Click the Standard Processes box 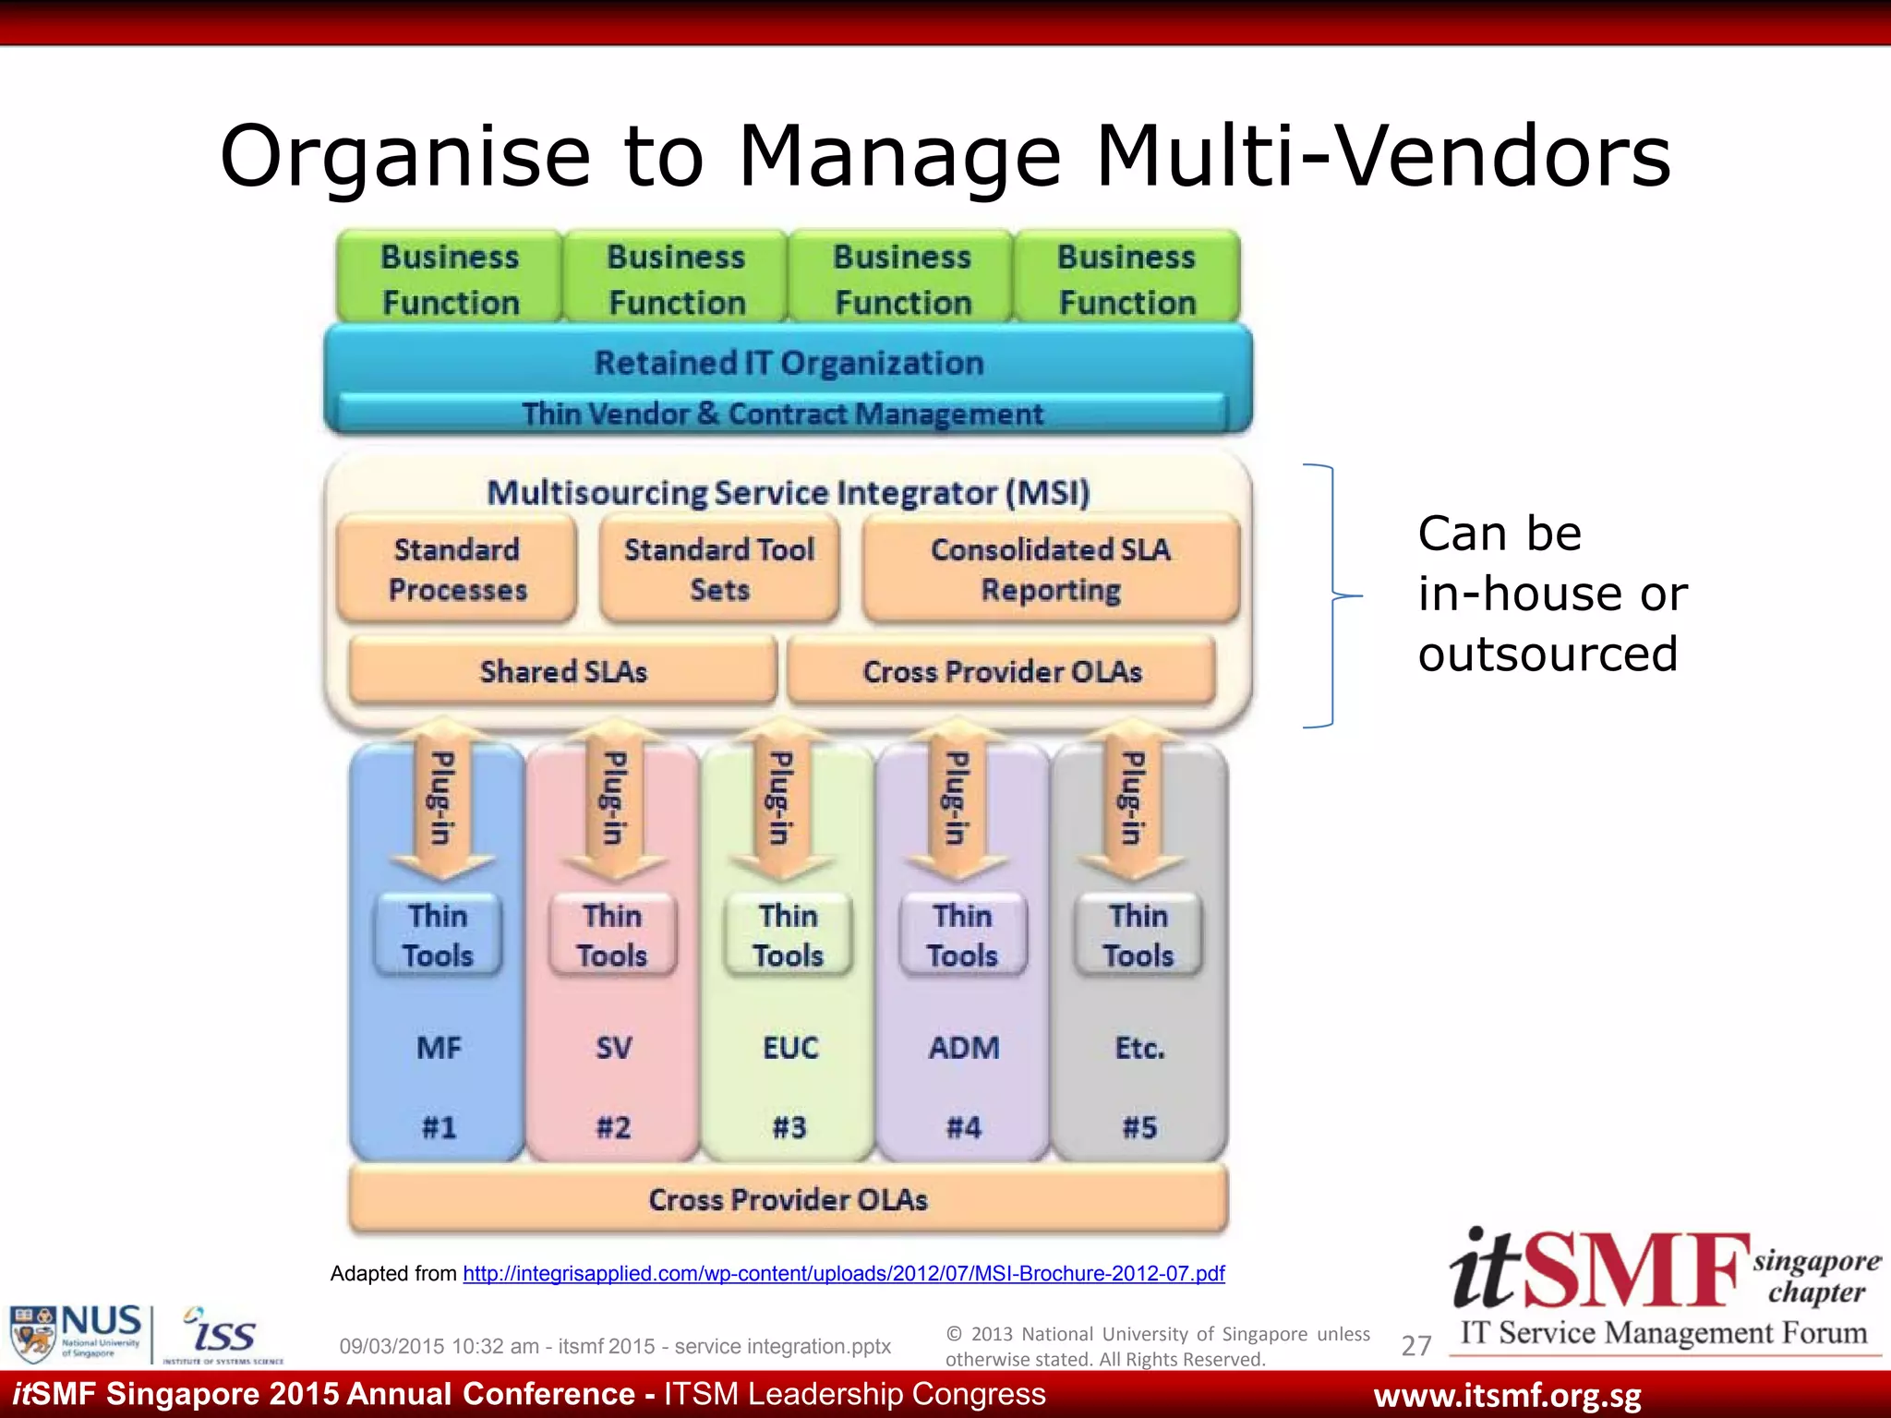(x=457, y=570)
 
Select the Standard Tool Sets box (x=719, y=570)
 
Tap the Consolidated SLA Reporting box (x=1051, y=570)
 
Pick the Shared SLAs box (x=563, y=671)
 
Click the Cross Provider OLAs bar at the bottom (x=788, y=1199)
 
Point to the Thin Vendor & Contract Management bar (x=782, y=414)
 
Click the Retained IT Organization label (x=789, y=363)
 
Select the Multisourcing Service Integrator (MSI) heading (x=788, y=492)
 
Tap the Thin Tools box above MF (x=438, y=935)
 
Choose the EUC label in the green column (x=789, y=1048)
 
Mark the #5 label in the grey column (x=1139, y=1127)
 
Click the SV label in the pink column (x=613, y=1048)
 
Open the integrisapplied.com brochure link (x=843, y=1274)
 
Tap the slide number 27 (x=1415, y=1346)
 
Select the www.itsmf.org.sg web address (x=1507, y=1396)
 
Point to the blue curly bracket (x=1331, y=595)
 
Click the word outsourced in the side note (x=1548, y=654)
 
